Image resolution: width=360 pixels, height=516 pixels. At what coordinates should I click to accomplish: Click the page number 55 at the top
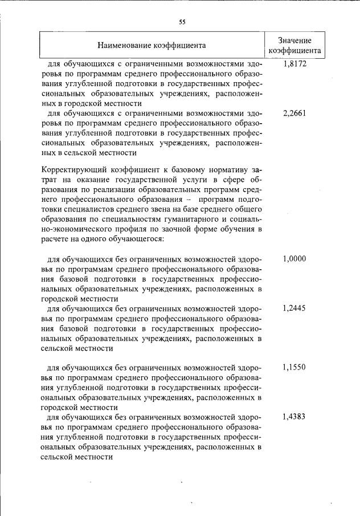point(182,22)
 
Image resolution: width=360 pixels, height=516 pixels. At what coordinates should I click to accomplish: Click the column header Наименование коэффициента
point(151,44)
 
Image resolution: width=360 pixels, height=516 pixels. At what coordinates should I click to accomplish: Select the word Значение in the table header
point(294,40)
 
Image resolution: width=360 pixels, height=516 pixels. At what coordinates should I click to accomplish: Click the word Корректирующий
point(71,169)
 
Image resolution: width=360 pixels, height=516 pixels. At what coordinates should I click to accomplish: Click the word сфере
point(233,180)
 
